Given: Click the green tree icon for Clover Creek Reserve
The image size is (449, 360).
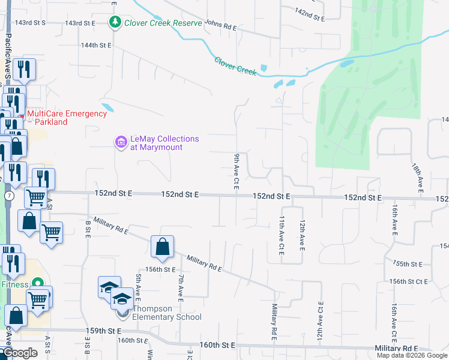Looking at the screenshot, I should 115,23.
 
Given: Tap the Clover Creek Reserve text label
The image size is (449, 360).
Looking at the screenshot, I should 163,23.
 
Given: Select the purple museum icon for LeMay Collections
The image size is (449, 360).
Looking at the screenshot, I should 121,142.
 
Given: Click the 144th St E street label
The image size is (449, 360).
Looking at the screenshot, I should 97,45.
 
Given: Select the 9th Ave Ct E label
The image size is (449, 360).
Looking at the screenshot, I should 237,172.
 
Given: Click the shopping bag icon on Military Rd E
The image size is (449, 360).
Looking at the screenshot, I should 162,247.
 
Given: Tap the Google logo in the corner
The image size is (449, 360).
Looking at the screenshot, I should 20,353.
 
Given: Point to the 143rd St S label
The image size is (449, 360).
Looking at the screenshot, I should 31,22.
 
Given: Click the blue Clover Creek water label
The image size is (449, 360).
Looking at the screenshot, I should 235,65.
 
